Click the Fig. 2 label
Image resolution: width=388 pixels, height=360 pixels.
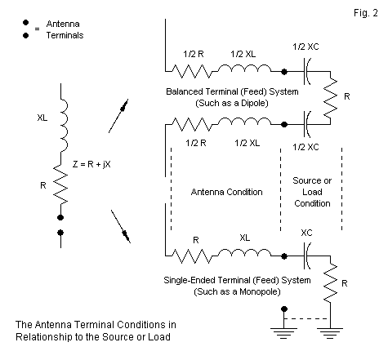click(x=366, y=13)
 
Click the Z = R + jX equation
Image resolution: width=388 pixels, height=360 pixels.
click(x=91, y=164)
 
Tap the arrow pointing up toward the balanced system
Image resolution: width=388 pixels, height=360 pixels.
click(x=118, y=116)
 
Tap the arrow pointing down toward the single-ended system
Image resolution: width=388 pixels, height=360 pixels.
click(x=121, y=226)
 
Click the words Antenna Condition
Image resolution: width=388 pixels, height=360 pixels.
click(x=226, y=192)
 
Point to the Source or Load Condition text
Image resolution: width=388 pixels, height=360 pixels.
click(x=312, y=192)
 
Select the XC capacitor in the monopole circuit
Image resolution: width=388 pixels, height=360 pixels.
click(x=306, y=256)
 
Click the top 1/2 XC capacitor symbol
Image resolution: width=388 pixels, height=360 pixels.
click(x=306, y=72)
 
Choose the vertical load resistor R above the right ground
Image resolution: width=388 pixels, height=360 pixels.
click(x=330, y=282)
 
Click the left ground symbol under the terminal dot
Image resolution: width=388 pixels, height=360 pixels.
click(x=283, y=333)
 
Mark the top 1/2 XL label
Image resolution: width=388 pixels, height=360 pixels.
click(x=243, y=54)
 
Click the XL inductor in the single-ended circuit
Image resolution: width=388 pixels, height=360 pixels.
click(x=244, y=253)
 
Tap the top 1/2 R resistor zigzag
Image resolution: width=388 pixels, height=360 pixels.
click(x=192, y=72)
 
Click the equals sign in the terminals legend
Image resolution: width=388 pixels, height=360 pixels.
click(x=37, y=29)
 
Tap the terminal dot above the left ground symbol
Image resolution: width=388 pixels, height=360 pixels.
click(x=284, y=309)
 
